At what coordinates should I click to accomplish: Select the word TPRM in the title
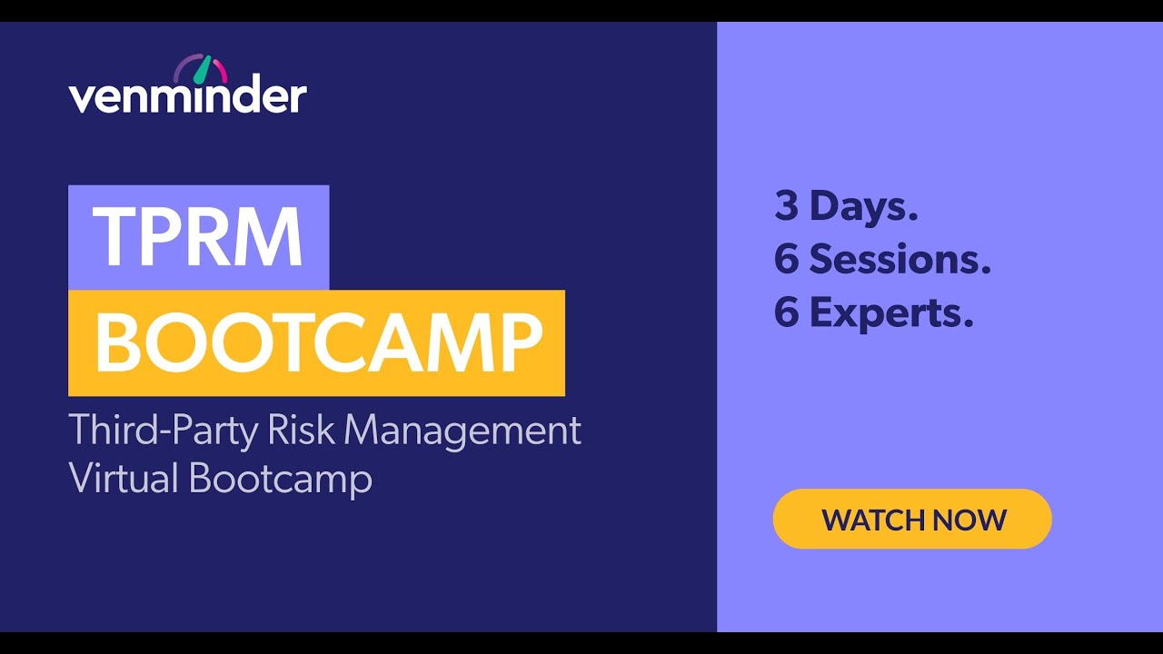(x=198, y=236)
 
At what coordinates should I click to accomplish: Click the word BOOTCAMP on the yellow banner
(x=318, y=343)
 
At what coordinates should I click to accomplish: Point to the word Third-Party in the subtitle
(x=163, y=430)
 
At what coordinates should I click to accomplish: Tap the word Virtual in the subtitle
(x=124, y=478)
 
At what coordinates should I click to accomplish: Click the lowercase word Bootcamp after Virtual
(x=281, y=478)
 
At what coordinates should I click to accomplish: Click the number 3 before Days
(x=786, y=206)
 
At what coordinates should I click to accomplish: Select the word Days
(x=864, y=206)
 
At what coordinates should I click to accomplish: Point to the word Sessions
(x=900, y=260)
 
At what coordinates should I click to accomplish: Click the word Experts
(x=891, y=313)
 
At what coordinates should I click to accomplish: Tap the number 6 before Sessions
(x=786, y=260)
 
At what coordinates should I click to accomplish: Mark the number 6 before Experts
(x=786, y=313)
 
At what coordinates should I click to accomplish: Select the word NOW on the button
(x=969, y=520)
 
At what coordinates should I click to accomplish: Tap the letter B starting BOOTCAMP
(x=115, y=343)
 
